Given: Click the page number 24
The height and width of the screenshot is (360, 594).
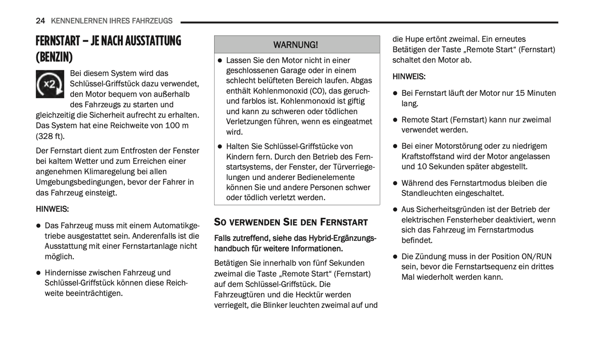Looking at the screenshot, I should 40,21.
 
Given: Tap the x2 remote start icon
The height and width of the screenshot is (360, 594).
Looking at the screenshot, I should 50,84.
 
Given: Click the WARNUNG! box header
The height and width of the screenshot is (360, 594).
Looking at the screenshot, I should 296,44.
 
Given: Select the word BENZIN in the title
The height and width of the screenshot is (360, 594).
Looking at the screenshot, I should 54,57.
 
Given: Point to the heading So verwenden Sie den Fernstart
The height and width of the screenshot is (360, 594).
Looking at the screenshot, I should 291,222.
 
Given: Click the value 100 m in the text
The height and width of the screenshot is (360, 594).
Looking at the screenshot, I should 177,125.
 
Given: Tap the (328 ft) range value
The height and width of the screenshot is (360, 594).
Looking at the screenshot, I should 50,136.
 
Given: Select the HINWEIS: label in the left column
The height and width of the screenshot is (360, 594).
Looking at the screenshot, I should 52,209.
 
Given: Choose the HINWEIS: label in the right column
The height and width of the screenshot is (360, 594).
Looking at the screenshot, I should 409,76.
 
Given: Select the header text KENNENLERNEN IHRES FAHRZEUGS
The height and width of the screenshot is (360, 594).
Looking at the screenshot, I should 112,21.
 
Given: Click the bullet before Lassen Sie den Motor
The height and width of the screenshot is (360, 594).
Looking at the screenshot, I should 220,60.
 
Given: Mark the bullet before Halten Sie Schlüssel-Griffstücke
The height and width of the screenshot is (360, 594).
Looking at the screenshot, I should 220,147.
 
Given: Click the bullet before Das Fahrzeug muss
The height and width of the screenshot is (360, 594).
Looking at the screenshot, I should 39,226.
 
